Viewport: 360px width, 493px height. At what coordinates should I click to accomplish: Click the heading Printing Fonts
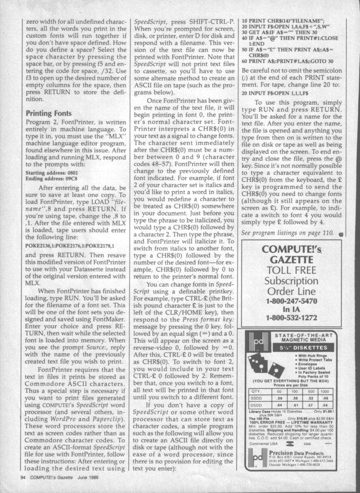coord(46,114)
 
